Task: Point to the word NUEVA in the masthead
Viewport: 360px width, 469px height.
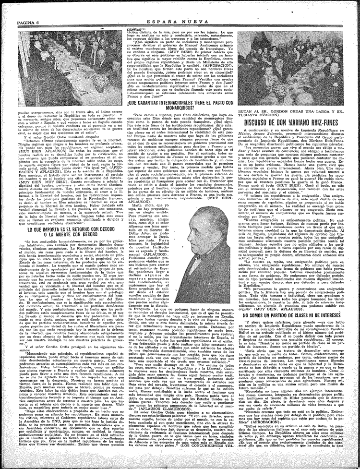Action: click(205, 8)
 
